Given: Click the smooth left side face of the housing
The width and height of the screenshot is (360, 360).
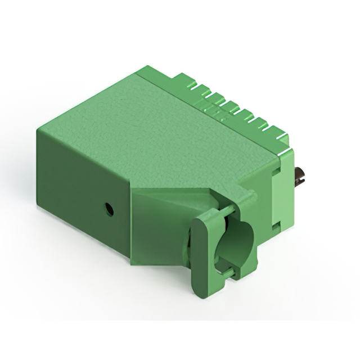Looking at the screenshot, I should [79, 191].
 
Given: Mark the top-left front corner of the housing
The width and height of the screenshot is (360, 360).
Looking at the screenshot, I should [38, 131].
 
